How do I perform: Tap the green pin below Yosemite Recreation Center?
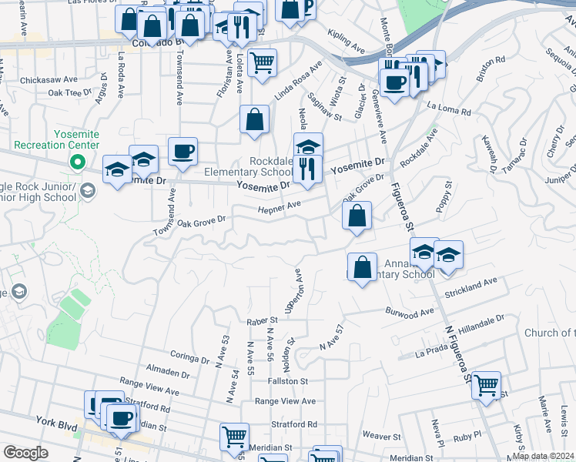76,162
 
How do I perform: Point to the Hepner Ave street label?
279,208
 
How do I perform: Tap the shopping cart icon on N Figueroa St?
486,384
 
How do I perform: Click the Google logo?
25,454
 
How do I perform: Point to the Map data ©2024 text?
542,456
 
